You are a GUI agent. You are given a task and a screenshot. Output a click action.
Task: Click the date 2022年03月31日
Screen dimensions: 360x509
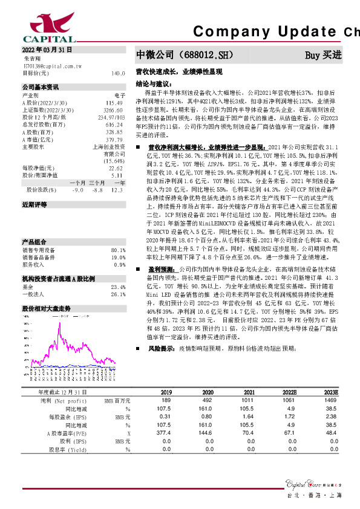pos(47,49)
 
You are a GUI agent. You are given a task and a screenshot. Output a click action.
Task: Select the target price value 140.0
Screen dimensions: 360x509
pos(118,73)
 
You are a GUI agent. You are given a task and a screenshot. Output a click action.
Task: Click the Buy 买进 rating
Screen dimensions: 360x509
pos(323,55)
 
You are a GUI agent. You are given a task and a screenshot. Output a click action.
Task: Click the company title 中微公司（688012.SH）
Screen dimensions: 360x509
pos(185,55)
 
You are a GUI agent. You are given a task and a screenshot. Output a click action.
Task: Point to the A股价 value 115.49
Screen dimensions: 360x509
pos(117,102)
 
